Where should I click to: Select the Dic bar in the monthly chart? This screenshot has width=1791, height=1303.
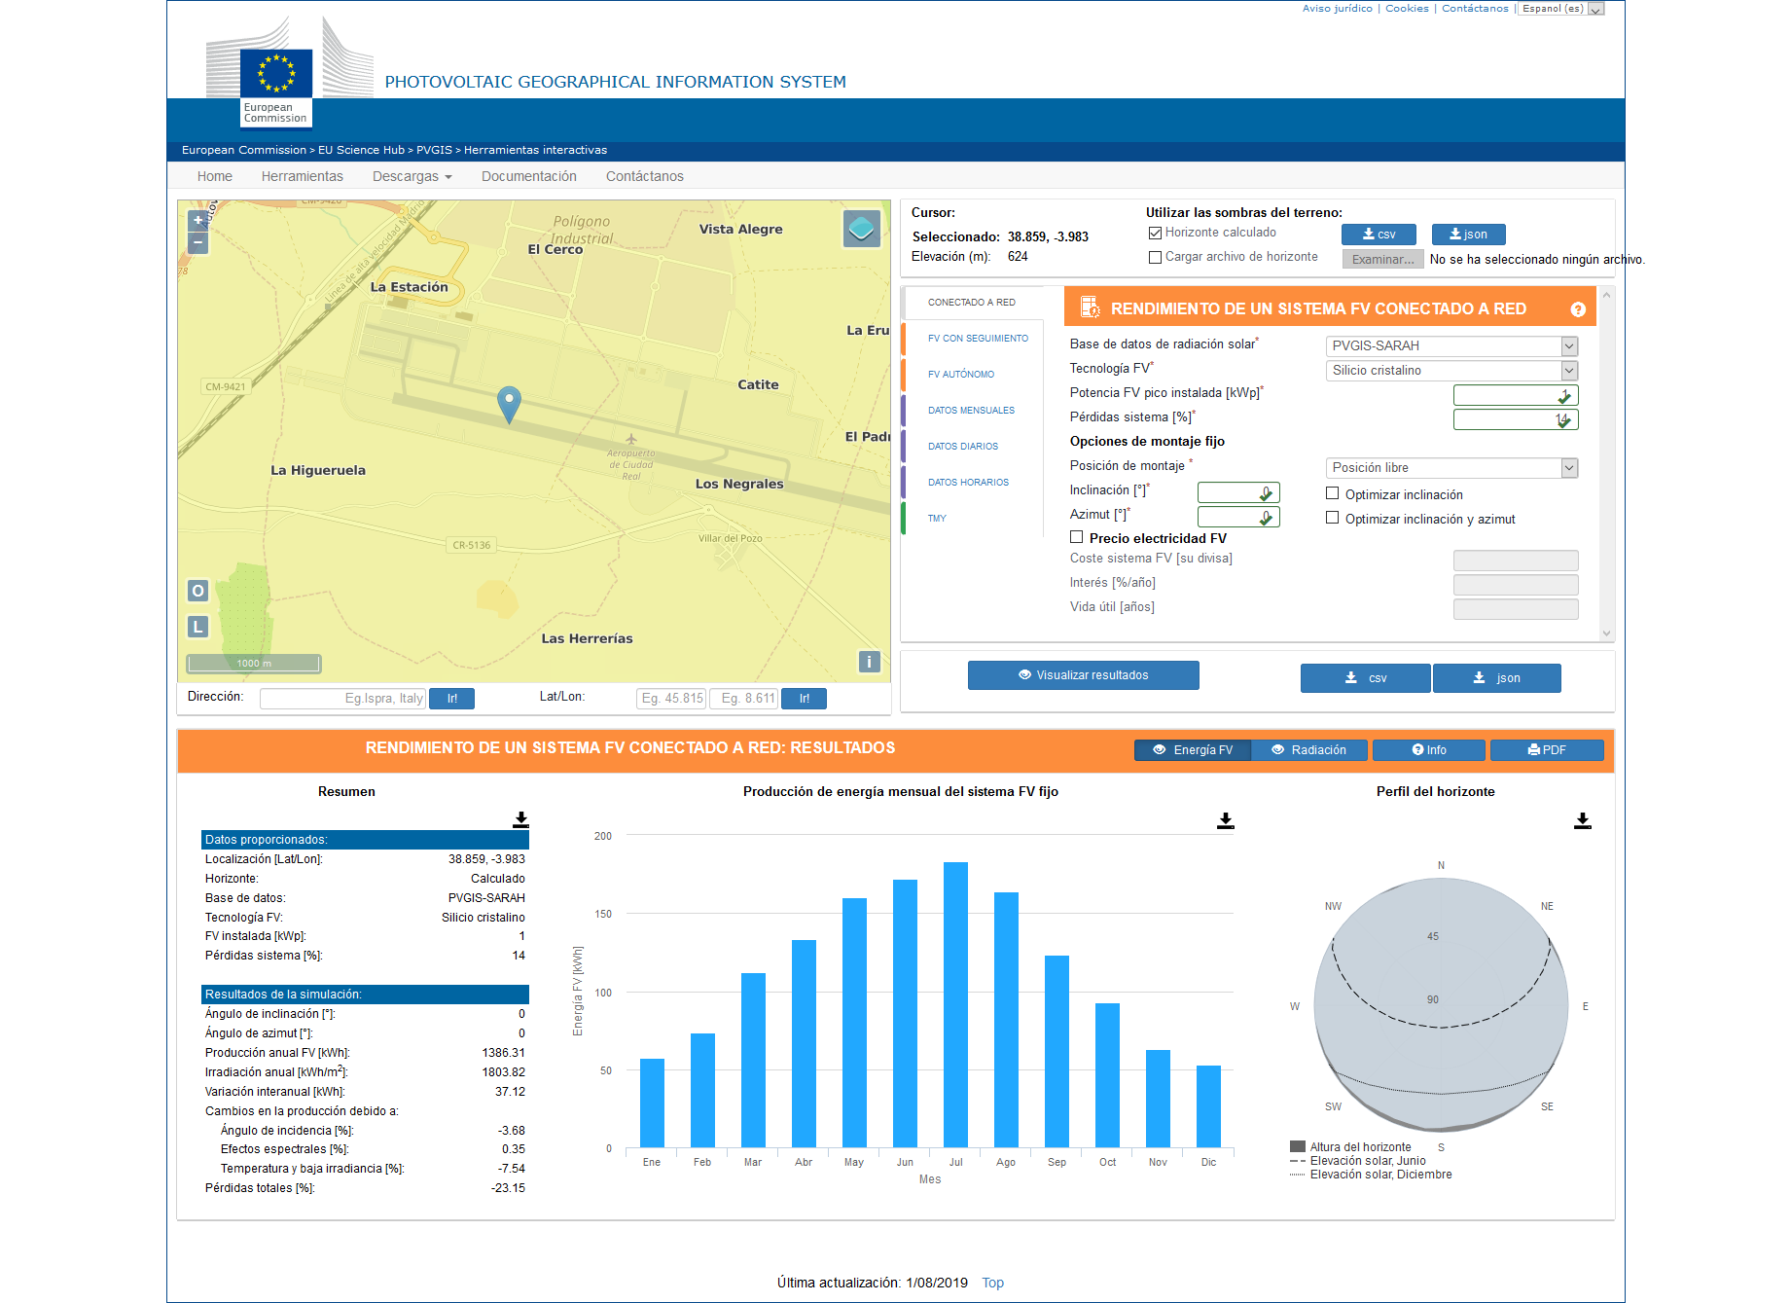(x=1208, y=1106)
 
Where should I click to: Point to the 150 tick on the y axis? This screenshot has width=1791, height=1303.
(x=603, y=914)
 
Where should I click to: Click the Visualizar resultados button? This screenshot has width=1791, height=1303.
(x=1083, y=675)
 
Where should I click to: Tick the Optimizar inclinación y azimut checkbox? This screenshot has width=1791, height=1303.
(x=1333, y=518)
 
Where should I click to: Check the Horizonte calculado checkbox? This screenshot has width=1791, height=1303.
(x=1156, y=233)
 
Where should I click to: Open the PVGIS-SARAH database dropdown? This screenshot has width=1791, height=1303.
(x=1451, y=345)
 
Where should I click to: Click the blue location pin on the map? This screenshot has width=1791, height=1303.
(x=509, y=401)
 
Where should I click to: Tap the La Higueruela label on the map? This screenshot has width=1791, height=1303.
(x=318, y=470)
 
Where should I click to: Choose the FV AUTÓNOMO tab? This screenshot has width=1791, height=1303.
(x=961, y=375)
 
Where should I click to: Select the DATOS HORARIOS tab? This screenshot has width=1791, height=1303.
(x=968, y=483)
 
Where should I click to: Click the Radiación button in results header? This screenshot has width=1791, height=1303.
(x=1309, y=750)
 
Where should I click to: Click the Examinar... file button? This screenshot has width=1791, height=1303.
(x=1382, y=260)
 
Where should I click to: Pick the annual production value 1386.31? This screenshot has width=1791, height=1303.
(x=503, y=1053)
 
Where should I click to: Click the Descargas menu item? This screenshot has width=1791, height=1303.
(x=412, y=176)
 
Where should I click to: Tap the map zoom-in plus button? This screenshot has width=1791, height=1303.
(x=198, y=220)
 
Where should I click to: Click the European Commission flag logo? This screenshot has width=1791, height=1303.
(x=276, y=74)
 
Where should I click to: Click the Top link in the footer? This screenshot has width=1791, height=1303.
(x=992, y=1283)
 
